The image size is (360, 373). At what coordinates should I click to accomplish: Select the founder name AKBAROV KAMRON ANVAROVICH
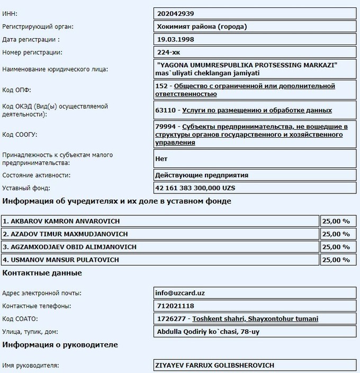pos(61,221)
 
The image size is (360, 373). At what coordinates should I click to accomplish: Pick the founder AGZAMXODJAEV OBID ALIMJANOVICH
pos(69,247)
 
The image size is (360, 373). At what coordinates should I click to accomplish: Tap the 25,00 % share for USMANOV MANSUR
pos(336,260)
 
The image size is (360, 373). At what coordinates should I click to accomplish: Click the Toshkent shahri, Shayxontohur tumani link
pos(255,319)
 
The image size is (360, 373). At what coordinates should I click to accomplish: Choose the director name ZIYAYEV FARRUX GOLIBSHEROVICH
pos(215,366)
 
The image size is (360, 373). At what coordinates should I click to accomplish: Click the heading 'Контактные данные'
pos(42,273)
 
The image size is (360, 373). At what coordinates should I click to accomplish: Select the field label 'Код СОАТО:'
pos(20,319)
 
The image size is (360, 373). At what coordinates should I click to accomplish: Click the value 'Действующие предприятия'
pos(202,175)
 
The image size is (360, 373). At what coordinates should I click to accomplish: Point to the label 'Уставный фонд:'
pos(26,188)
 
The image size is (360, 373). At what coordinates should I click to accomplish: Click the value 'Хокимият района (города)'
pos(202,26)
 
